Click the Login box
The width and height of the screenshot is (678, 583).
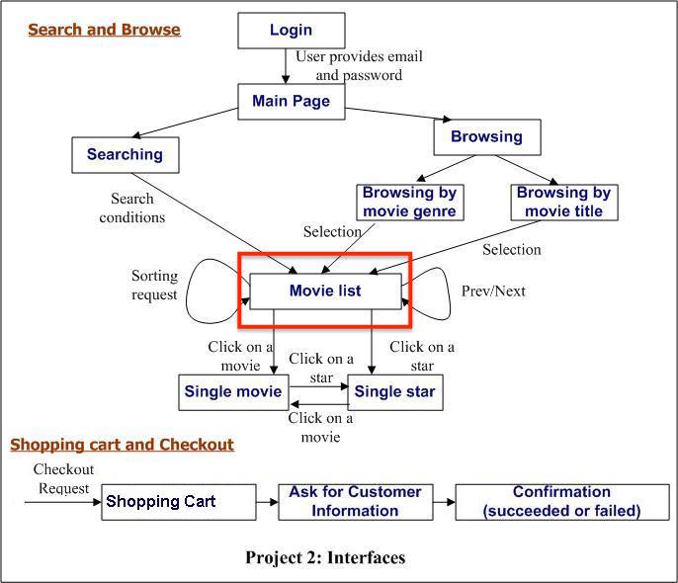[x=291, y=31]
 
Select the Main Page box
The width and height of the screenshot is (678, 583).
[x=291, y=101]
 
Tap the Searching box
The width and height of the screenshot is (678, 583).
[x=125, y=154]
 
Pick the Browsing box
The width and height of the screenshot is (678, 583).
[x=486, y=137]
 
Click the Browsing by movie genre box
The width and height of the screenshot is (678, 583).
[x=408, y=202]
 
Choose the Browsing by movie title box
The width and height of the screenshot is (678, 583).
[x=563, y=202]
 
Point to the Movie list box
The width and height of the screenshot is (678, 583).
[x=325, y=291]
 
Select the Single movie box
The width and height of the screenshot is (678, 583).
[x=233, y=392]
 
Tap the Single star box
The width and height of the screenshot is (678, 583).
[x=393, y=392]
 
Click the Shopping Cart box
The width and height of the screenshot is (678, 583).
[x=178, y=501]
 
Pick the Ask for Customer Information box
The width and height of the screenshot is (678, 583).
[x=355, y=501]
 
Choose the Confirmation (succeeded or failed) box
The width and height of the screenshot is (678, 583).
[x=561, y=501]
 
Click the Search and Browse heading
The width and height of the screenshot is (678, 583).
[x=104, y=29]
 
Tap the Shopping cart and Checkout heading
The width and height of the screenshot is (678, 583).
[x=122, y=445]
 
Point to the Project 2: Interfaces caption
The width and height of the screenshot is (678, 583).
[x=325, y=557]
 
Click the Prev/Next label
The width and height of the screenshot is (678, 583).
[x=493, y=291]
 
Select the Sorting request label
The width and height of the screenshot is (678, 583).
[x=154, y=285]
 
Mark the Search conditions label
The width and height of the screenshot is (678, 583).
[x=132, y=208]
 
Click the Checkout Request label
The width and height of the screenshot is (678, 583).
[x=63, y=479]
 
